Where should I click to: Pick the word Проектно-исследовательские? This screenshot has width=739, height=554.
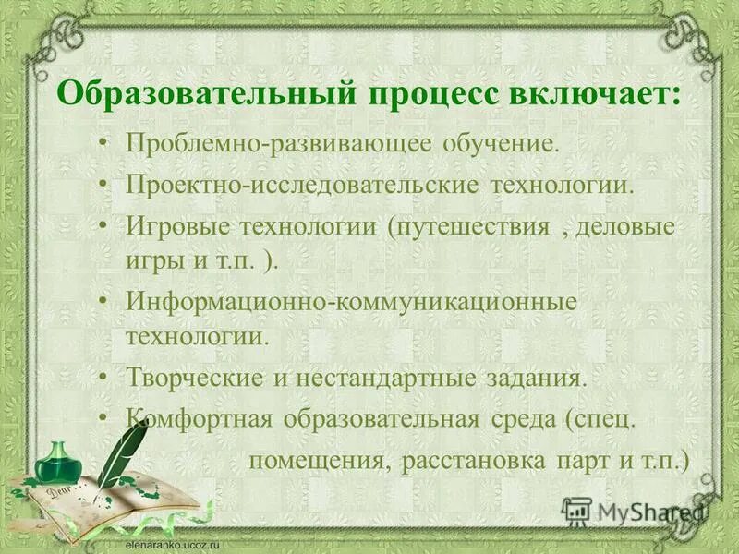pyautogui.click(x=302, y=184)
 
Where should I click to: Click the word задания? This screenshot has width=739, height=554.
pyautogui.click(x=542, y=378)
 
